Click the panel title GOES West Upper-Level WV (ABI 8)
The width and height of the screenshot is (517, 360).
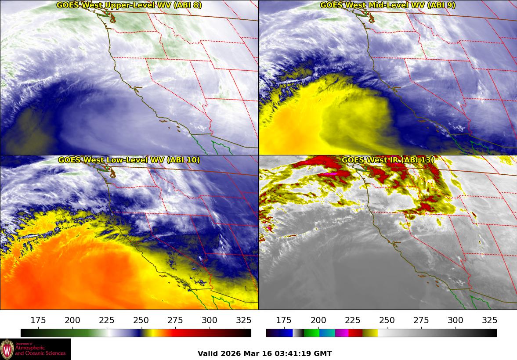tap(129, 5)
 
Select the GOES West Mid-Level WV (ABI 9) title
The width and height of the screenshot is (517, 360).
tap(387, 5)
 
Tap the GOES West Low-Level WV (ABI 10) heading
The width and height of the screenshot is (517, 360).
tap(129, 160)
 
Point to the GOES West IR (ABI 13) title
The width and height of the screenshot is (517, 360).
tap(387, 160)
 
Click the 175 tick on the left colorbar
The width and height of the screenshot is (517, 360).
tap(39, 320)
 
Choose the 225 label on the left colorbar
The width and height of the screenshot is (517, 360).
tap(107, 320)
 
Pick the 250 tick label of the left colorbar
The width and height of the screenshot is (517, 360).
tap(141, 320)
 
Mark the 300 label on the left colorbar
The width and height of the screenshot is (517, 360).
tap(210, 320)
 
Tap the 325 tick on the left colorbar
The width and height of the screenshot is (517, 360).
tap(244, 320)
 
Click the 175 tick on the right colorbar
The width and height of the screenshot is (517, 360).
tap(284, 320)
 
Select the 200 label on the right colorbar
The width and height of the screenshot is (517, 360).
tap(318, 320)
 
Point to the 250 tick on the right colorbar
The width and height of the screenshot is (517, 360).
tap(387, 320)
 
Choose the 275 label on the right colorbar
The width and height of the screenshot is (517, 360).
tap(421, 320)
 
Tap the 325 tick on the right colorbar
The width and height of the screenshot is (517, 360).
tap(490, 320)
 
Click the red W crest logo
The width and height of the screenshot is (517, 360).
tap(7, 349)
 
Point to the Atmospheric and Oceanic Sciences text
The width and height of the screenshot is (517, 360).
tap(40, 350)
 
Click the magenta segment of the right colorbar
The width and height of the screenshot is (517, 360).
tap(342, 333)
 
